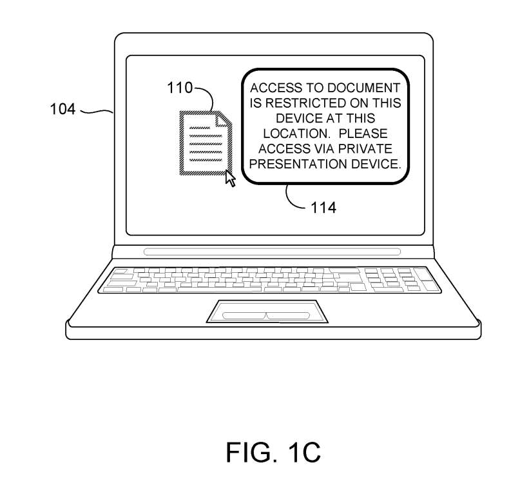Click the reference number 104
63,109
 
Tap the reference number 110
180,88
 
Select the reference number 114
323,208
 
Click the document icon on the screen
204,143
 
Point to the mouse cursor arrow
230,177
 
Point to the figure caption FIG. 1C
273,452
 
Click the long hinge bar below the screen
271,252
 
